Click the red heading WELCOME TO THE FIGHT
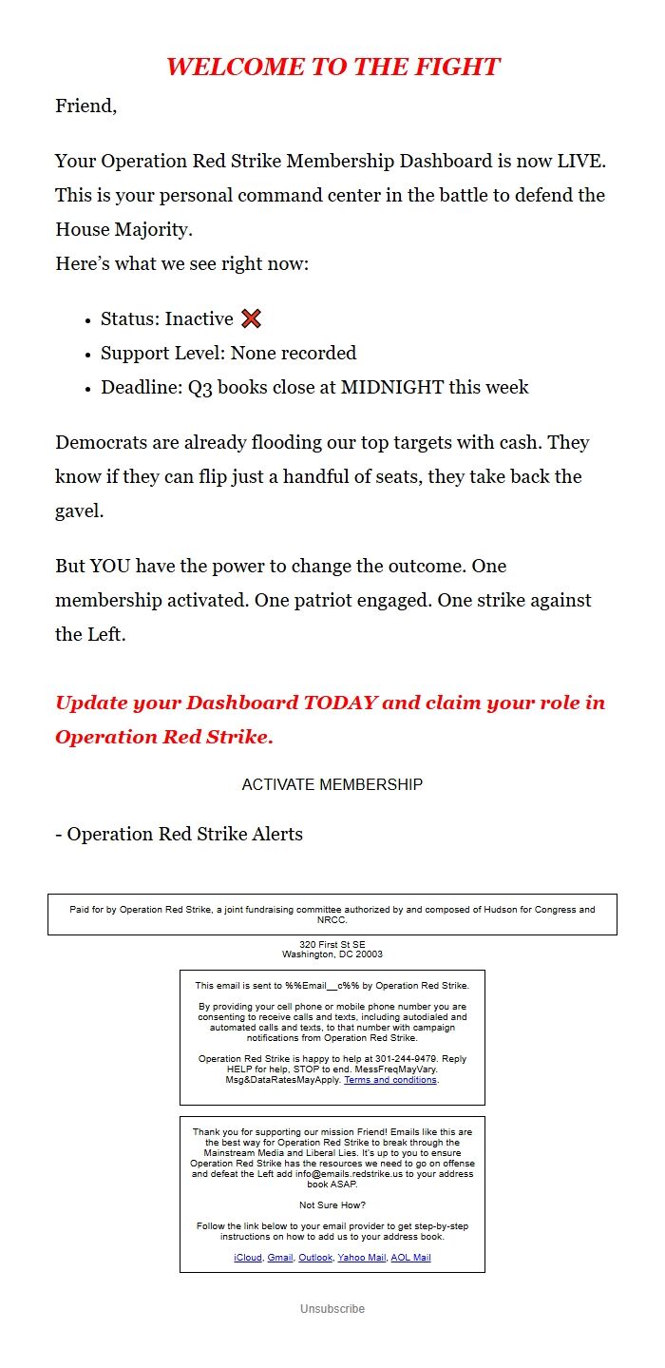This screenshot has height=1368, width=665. (x=332, y=67)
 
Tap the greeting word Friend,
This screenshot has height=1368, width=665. (x=85, y=106)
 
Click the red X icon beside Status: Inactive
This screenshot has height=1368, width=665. (x=252, y=319)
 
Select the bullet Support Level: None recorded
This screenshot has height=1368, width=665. (x=228, y=354)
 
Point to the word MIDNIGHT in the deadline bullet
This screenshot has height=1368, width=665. (x=390, y=388)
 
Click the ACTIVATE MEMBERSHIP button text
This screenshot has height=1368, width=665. (x=332, y=784)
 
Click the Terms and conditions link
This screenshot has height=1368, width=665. (x=390, y=1080)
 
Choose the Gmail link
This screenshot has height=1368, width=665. (x=280, y=1257)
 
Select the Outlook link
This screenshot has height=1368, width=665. (x=315, y=1257)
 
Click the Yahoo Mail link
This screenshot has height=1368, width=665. (x=362, y=1257)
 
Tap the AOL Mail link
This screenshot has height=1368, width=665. (x=410, y=1257)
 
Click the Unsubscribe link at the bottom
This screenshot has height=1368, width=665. (x=332, y=1309)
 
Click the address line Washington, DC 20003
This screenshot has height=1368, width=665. (x=332, y=954)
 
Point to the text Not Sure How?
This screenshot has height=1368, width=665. (x=332, y=1205)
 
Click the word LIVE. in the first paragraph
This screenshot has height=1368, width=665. (x=581, y=161)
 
